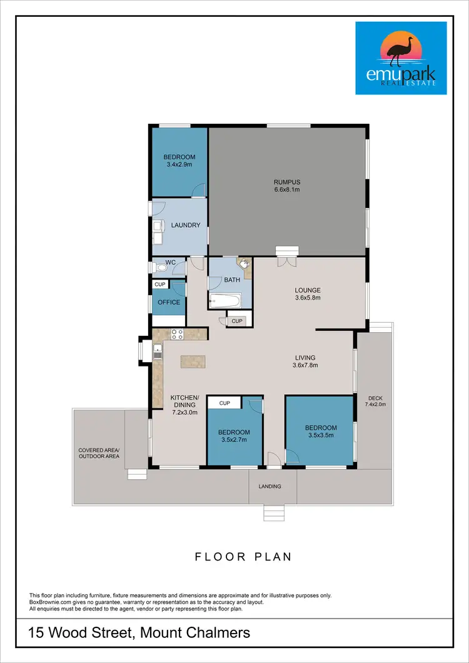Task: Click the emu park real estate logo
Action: click(401, 58)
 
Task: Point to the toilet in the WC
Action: click(161, 268)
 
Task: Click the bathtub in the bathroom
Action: click(224, 301)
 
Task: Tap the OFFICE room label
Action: click(168, 302)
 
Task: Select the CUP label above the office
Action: click(160, 285)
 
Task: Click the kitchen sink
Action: click(157, 352)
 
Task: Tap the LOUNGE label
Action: click(308, 290)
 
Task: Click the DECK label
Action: click(375, 398)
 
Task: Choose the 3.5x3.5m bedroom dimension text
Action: click(321, 437)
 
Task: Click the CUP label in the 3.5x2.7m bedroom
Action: click(226, 403)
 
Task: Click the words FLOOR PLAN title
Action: click(243, 557)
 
